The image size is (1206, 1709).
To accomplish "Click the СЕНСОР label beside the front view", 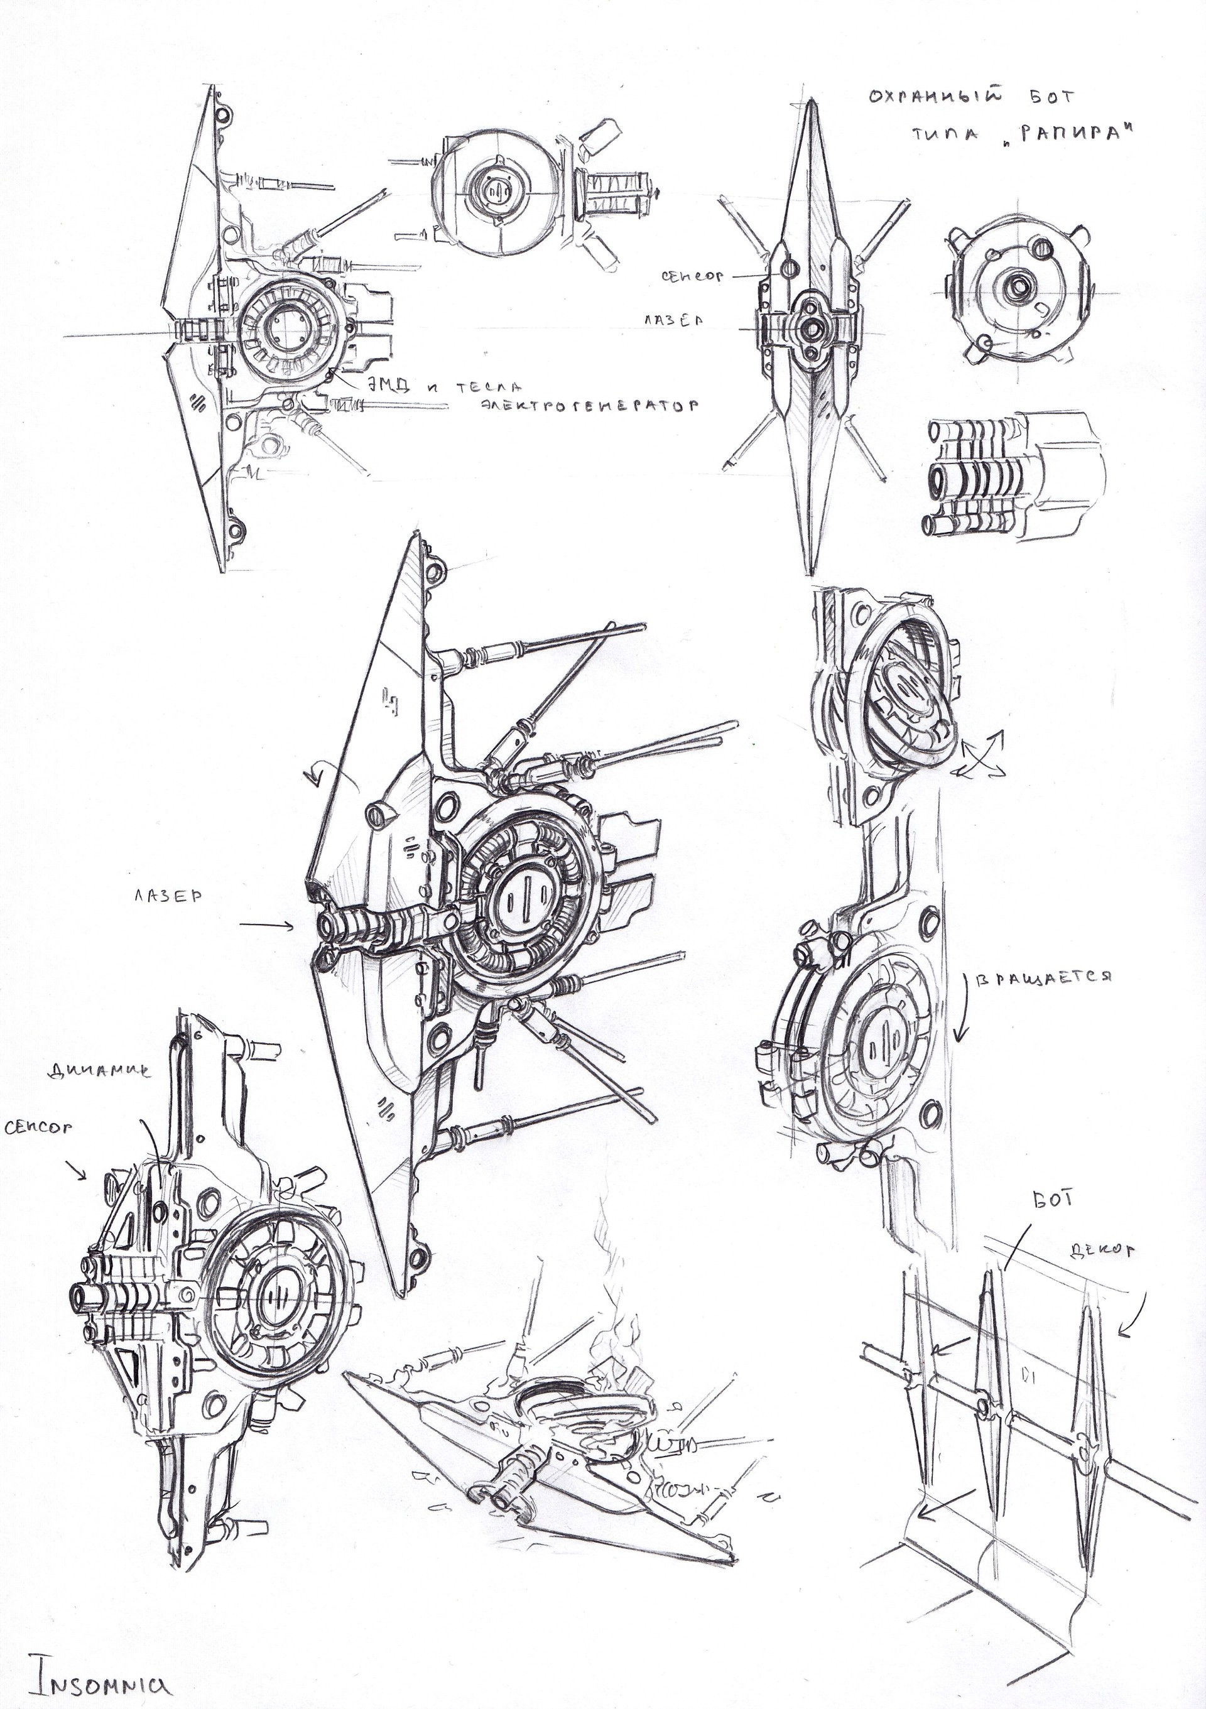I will (692, 275).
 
